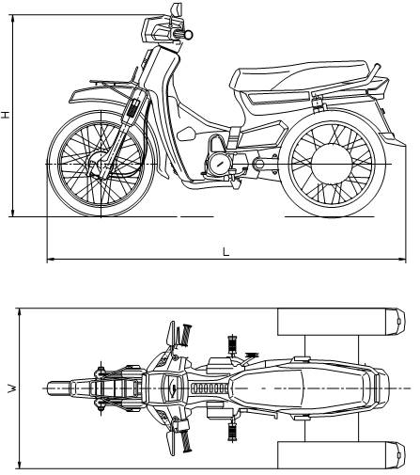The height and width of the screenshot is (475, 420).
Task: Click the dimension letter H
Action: pos(6,115)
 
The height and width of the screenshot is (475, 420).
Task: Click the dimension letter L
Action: pos(226,251)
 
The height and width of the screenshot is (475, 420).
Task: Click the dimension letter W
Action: pos(12,388)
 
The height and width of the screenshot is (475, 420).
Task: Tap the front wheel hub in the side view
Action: pos(100,163)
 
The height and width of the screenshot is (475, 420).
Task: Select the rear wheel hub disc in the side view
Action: pos(332,165)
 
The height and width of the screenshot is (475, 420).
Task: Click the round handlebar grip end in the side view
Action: pos(189,34)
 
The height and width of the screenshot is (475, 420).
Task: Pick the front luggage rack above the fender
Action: pos(114,83)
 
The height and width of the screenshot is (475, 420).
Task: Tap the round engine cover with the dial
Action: pos(219,163)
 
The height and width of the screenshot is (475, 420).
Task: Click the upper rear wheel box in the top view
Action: pos(341,322)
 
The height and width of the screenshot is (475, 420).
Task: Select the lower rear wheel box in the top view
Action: pos(341,455)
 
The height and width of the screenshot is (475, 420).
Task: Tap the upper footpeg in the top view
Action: pos(232,344)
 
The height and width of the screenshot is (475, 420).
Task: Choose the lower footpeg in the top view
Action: pos(232,432)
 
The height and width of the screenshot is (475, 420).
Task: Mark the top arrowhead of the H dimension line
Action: pos(13,19)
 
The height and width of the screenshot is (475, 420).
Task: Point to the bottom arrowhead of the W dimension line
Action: pos(20,465)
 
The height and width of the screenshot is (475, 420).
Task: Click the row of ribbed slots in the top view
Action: pos(210,388)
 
